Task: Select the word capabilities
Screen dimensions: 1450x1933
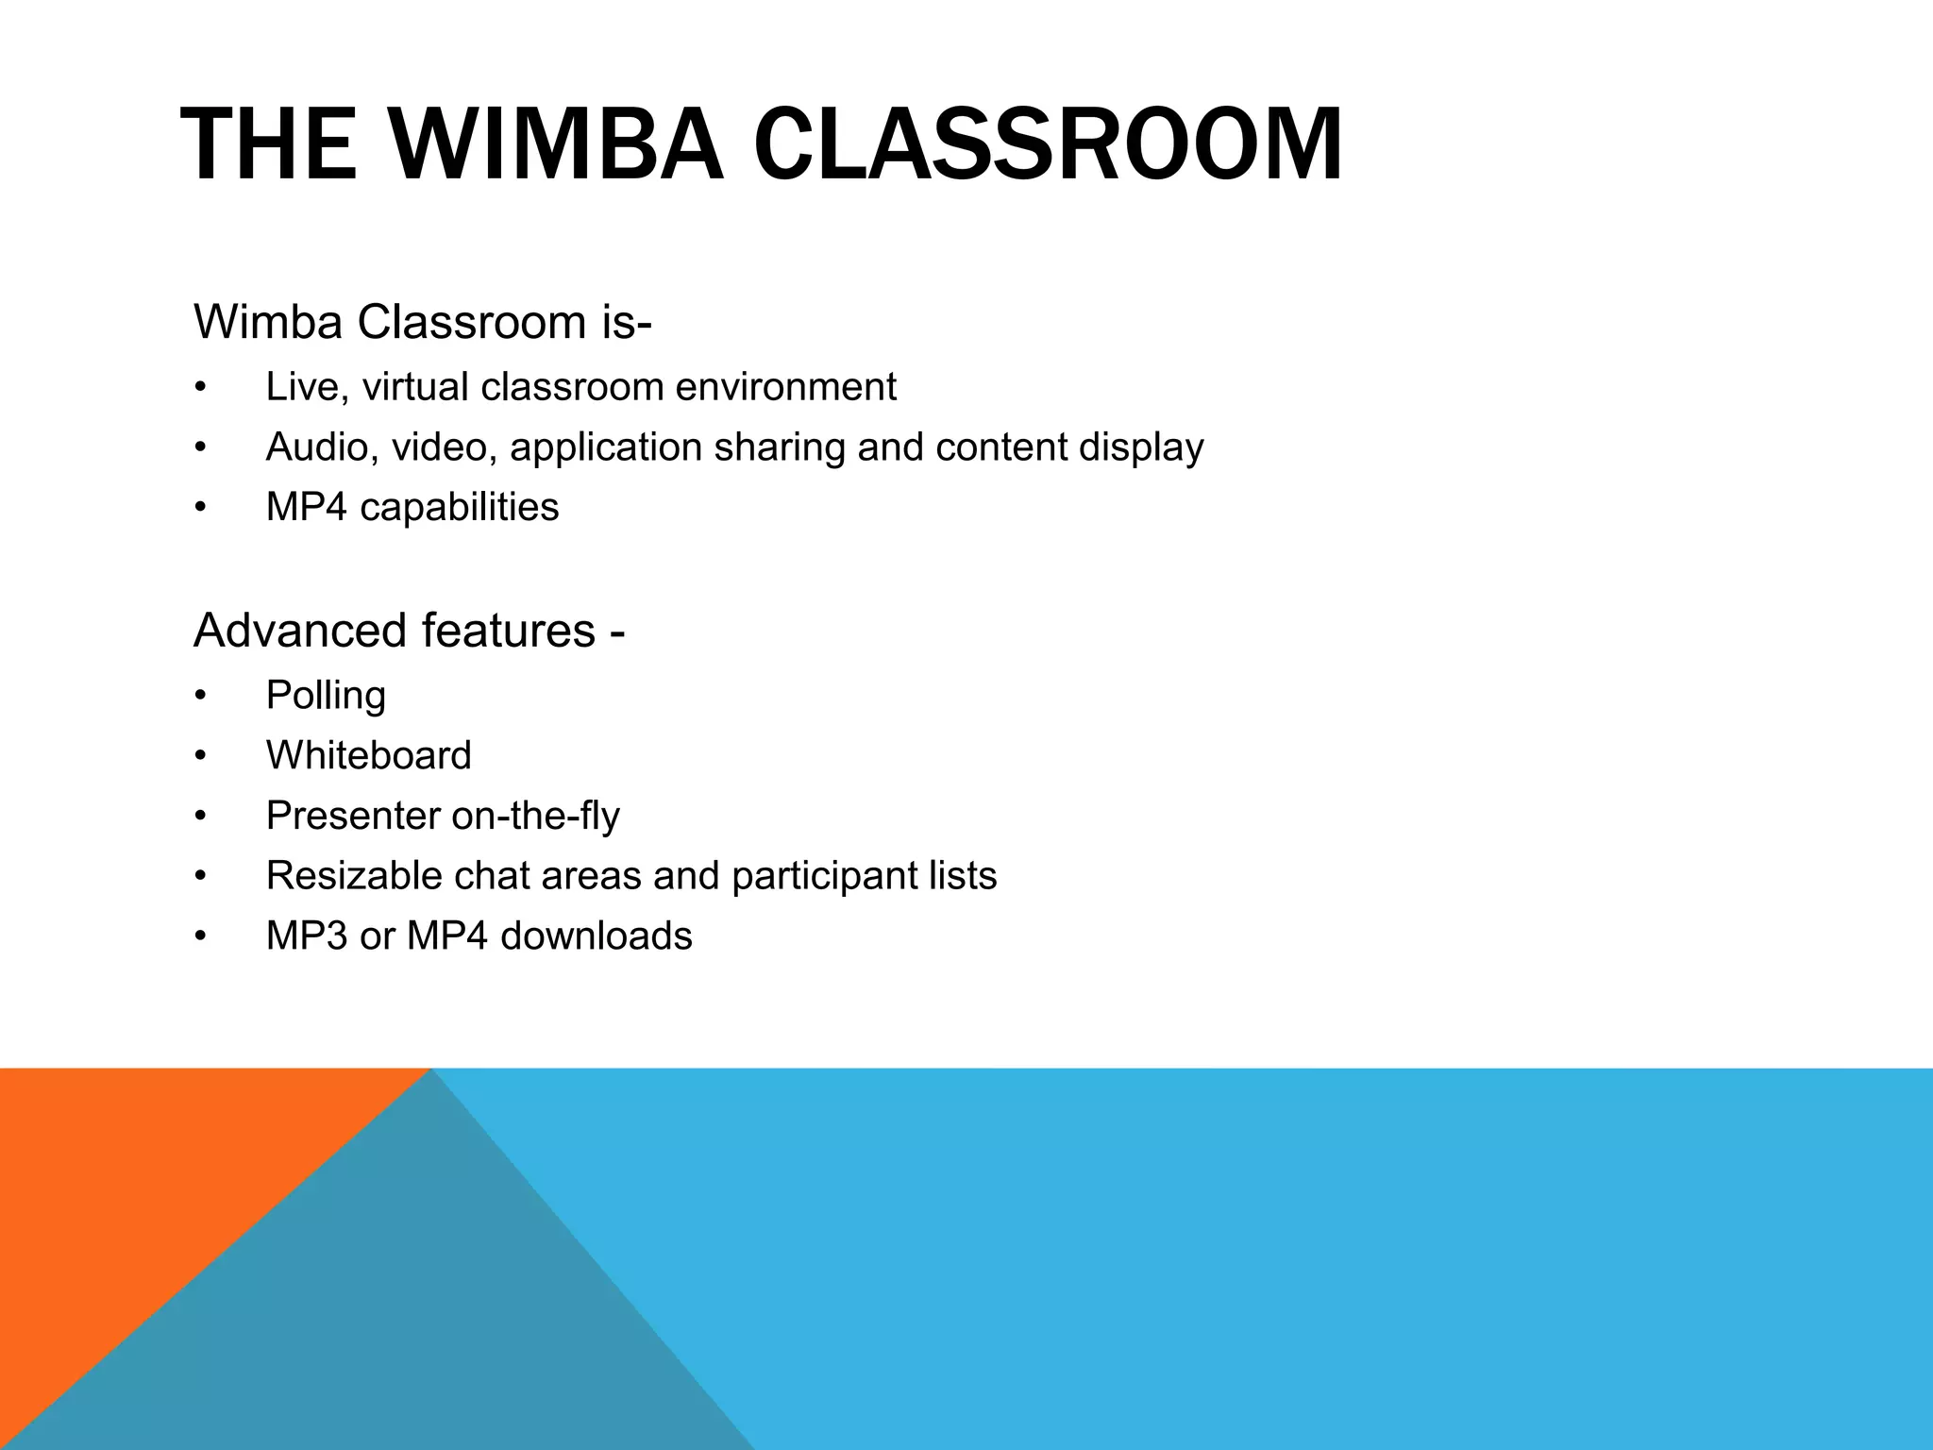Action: [x=459, y=508]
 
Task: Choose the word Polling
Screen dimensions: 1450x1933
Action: [x=326, y=697]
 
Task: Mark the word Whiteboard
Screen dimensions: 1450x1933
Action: [x=368, y=756]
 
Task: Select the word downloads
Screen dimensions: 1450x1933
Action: [x=597, y=936]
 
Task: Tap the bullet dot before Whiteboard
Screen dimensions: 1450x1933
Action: [x=199, y=757]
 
